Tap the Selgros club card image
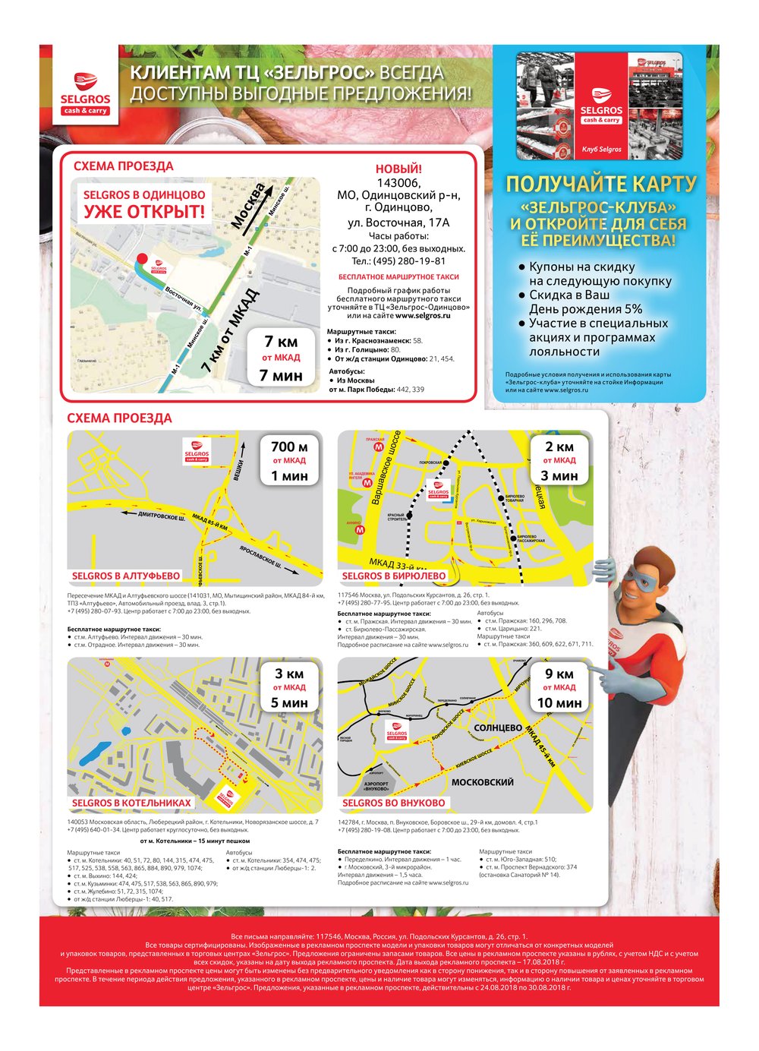tap(600, 106)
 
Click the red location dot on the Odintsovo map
tap(141, 260)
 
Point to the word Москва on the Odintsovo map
tap(249, 205)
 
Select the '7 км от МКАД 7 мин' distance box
tap(281, 358)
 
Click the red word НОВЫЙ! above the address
tap(398, 169)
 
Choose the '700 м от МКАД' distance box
tap(289, 461)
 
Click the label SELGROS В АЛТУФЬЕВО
tap(126, 576)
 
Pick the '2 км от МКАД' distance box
tap(559, 461)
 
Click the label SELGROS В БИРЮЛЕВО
tap(394, 576)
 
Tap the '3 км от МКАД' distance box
tap(289, 688)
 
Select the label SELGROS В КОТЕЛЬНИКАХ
tap(131, 803)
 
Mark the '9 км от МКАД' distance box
tap(559, 688)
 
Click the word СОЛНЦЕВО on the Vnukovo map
tap(498, 727)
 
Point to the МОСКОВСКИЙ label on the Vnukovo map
tap(483, 781)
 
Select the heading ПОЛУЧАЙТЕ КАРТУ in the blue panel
tap(600, 184)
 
